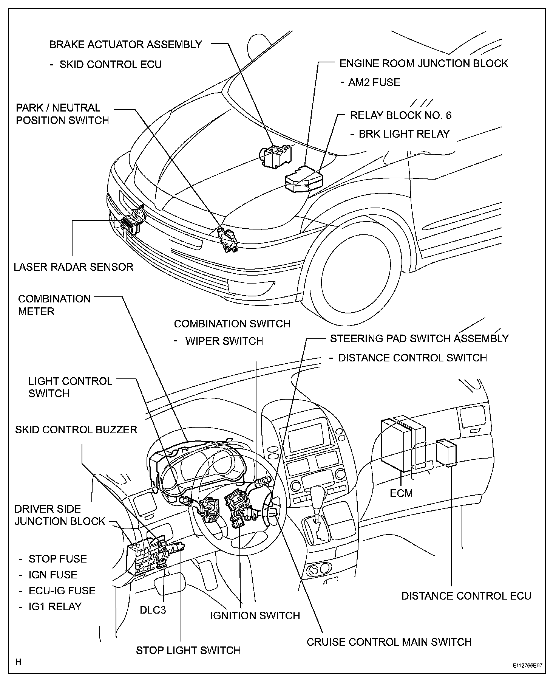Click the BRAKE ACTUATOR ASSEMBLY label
[126, 44]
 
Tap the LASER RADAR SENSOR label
[74, 267]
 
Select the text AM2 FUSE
[374, 82]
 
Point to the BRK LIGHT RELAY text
[404, 134]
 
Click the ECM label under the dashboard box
[401, 493]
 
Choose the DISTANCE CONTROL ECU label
[466, 596]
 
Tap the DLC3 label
[153, 610]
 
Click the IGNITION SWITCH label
[255, 615]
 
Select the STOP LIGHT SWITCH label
[188, 650]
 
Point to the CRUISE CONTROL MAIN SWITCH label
[389, 642]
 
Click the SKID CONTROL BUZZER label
[76, 429]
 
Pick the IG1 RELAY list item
[55, 606]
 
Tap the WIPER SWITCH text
[224, 341]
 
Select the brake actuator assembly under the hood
[276, 155]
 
